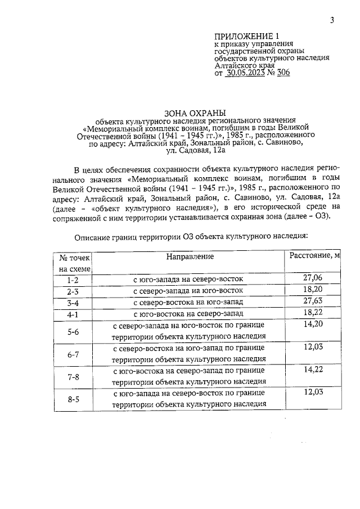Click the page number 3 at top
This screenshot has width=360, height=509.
click(332, 21)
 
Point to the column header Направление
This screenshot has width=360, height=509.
click(190, 256)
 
